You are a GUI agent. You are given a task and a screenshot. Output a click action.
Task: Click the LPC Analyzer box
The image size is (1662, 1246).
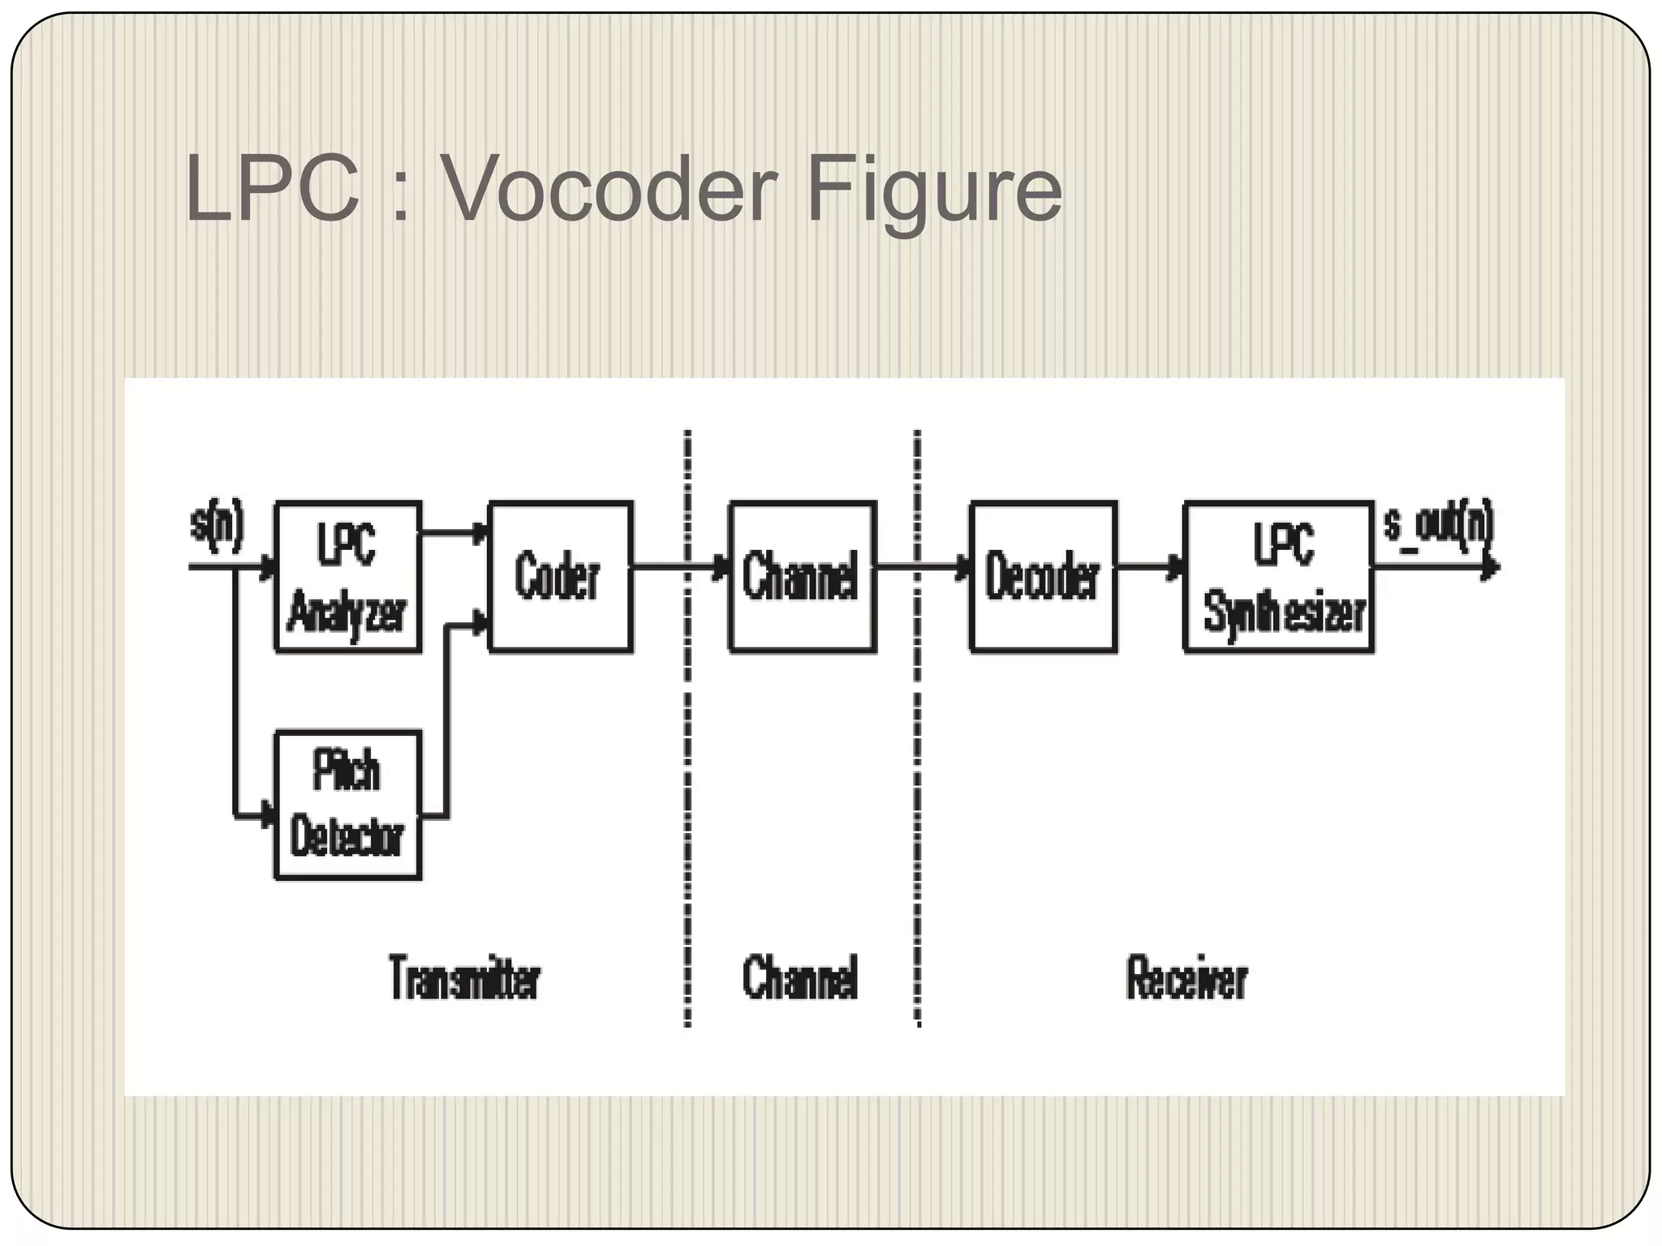pos(347,577)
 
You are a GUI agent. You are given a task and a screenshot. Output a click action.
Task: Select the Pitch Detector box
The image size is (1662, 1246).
pos(347,805)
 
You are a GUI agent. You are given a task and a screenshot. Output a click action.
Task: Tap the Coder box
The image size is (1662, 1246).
pos(560,577)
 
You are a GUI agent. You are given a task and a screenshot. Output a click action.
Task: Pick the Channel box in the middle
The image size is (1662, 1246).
pos(802,577)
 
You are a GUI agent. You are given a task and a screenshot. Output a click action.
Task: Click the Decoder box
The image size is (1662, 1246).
pos(1043,577)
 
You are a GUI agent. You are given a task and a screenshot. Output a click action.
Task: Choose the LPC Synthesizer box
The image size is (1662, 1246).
pos(1279,577)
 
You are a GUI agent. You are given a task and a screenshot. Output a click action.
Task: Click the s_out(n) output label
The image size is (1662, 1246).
pos(1438,526)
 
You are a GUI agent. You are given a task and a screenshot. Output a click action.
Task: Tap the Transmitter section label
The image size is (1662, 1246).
pos(464,977)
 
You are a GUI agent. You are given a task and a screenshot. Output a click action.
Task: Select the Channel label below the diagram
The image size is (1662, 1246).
pos(800,977)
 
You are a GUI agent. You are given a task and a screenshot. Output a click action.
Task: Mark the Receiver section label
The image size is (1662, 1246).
pos(1186,977)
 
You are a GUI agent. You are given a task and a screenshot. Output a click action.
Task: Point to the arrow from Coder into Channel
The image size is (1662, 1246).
pos(682,567)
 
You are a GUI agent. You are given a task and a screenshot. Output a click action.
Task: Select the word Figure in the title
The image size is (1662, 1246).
pos(933,191)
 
